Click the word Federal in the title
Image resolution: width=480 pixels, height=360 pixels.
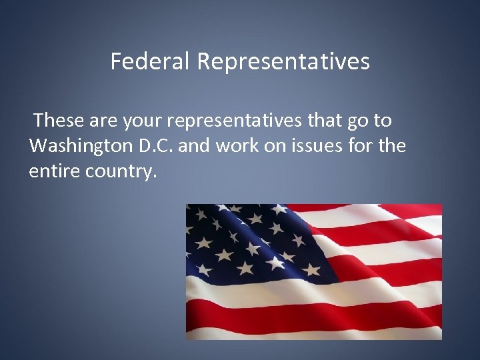[x=151, y=62]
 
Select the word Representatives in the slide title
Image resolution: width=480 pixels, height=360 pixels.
[x=283, y=62]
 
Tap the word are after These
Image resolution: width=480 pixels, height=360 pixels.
[x=101, y=121]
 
